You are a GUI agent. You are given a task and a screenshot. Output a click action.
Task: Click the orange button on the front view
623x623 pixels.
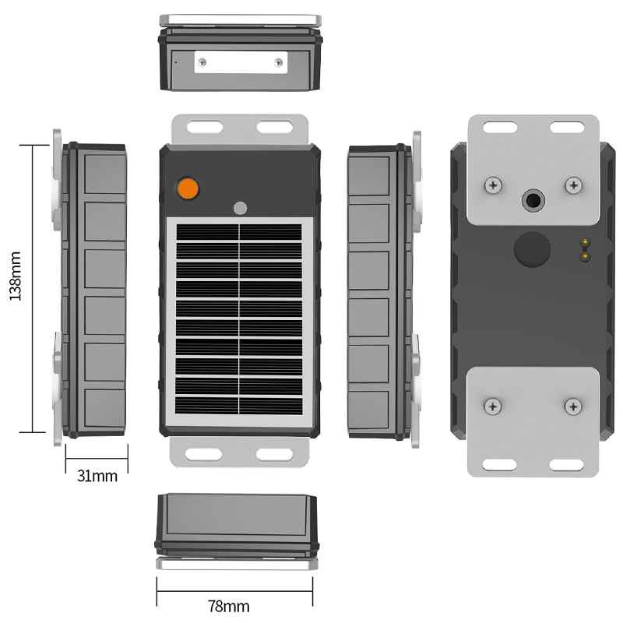coord(188,188)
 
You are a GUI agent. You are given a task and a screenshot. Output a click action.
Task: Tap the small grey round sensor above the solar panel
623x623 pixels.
coord(240,208)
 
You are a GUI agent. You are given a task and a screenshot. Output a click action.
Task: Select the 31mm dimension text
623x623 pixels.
coord(97,475)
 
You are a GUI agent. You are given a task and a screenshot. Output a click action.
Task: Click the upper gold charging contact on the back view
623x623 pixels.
coord(583,243)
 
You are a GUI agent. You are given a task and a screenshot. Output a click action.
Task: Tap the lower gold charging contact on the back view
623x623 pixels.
coord(583,255)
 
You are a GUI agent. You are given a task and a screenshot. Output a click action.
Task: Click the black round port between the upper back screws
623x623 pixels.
coord(533,200)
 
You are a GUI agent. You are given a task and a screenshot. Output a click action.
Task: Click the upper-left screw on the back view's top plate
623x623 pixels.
coord(492,185)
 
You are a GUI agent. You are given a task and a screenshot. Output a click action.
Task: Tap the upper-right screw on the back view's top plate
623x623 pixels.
coord(574,185)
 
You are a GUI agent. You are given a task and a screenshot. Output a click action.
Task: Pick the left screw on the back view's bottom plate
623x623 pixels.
coord(492,406)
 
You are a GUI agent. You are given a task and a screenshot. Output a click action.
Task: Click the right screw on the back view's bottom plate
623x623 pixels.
coord(574,406)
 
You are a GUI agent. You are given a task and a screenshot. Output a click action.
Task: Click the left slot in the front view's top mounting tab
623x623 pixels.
coord(206,125)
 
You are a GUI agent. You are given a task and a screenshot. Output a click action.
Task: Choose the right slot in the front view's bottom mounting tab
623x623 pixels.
coord(272,453)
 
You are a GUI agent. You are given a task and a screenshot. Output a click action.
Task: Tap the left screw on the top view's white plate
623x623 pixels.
coord(202,62)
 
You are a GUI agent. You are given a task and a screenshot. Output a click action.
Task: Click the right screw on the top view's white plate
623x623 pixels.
coord(279,62)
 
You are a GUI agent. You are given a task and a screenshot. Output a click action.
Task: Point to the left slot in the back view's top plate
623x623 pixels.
coord(498,126)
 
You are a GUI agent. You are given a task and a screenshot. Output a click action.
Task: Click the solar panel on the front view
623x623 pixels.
coord(239,319)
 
